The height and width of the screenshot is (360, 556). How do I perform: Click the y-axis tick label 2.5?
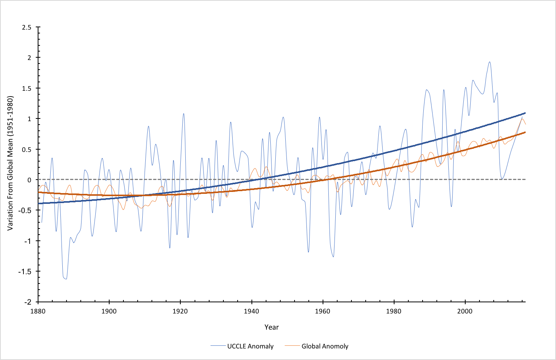[27, 27]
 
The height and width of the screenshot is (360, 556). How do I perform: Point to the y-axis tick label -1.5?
[25, 272]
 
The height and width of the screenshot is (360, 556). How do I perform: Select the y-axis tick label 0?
[30, 180]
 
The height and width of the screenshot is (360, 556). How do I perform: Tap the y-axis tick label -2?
[28, 302]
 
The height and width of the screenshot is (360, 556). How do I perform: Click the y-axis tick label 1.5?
[27, 88]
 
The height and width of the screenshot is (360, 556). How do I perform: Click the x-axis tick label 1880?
[38, 311]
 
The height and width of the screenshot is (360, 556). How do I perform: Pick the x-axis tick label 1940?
[251, 311]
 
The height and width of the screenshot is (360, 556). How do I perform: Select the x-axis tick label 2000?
[465, 311]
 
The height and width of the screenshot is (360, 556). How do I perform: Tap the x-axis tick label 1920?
[180, 311]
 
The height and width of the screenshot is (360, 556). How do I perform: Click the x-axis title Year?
[271, 327]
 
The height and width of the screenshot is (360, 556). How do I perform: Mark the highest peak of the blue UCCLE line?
[489, 62]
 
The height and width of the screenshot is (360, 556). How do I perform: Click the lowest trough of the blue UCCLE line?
[66, 279]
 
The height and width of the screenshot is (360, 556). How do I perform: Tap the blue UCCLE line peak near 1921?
[183, 114]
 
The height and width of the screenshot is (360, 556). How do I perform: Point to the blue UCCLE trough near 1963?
[333, 257]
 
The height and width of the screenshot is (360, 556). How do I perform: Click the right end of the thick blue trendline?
[525, 113]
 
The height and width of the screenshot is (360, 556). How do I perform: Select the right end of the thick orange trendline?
[525, 132]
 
